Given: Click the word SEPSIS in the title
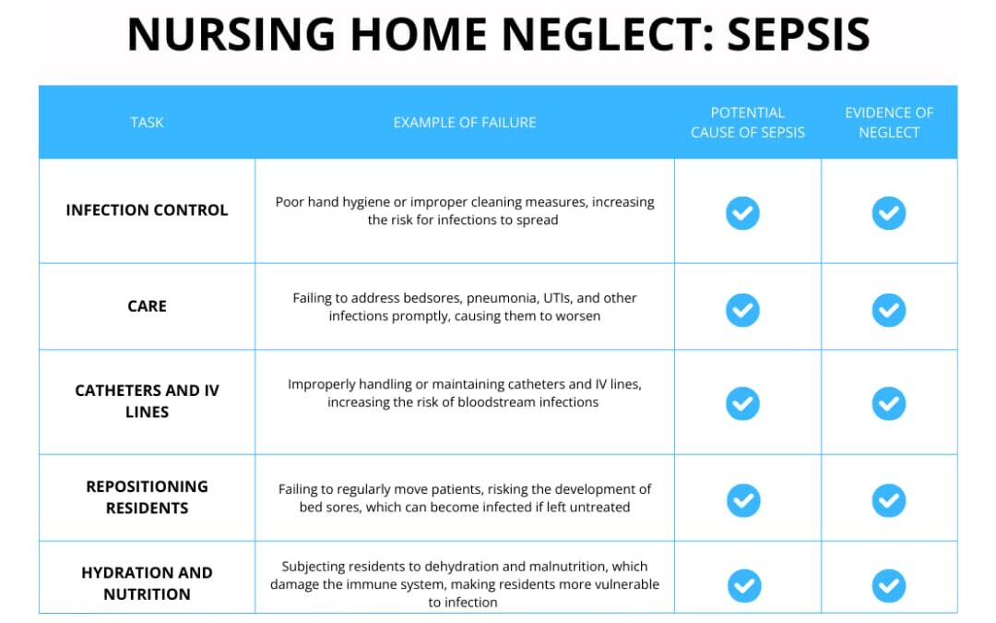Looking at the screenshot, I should [798, 35].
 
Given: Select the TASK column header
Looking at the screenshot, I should [147, 122].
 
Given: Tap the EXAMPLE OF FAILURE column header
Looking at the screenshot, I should [464, 122].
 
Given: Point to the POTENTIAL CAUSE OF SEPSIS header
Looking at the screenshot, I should [747, 122].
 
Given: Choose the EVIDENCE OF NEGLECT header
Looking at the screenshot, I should [889, 122].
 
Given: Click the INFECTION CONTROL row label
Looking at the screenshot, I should [147, 210].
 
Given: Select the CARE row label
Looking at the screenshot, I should [147, 306].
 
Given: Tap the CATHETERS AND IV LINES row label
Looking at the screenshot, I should [147, 401].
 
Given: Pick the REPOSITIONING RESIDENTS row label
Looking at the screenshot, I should [147, 497].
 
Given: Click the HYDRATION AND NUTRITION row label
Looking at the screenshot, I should [147, 583].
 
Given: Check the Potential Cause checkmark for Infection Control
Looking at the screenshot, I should [742, 212].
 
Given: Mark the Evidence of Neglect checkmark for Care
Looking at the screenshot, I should [889, 310].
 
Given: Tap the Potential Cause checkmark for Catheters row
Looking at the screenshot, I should [742, 403].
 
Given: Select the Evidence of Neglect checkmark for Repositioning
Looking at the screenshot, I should [889, 500].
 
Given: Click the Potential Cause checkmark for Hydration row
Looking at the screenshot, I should [743, 585].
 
